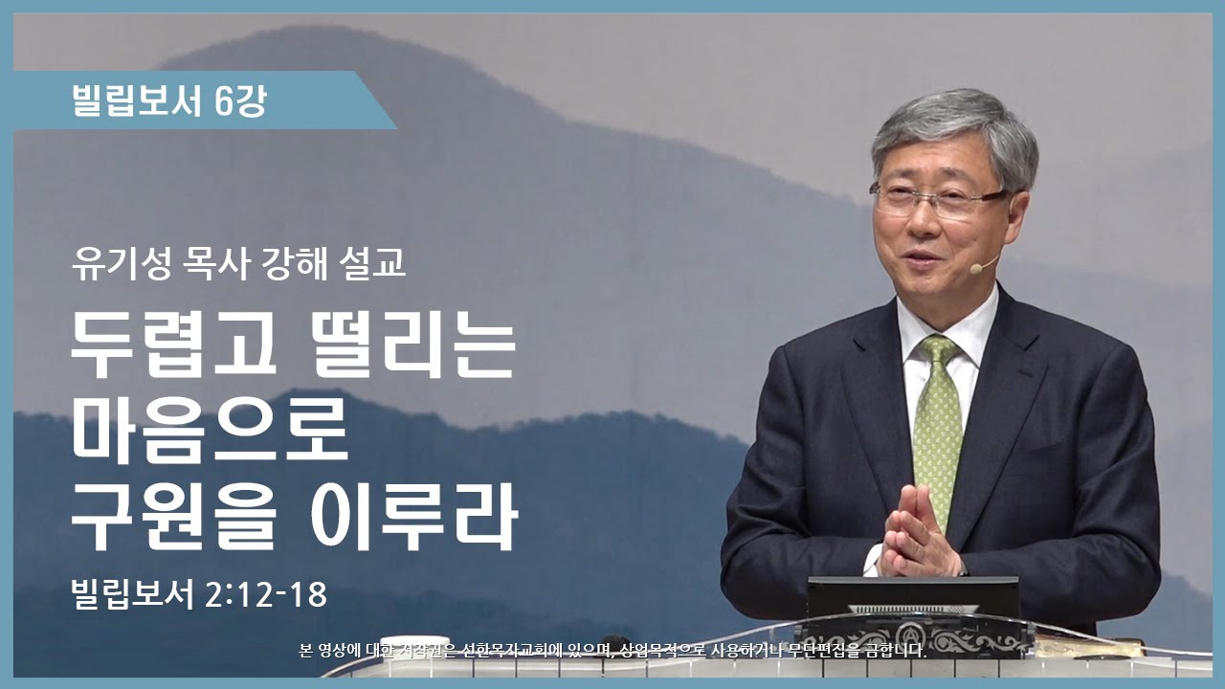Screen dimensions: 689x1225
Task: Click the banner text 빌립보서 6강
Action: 169,100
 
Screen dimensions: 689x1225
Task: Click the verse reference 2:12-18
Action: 266,594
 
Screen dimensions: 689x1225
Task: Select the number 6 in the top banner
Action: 224,100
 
